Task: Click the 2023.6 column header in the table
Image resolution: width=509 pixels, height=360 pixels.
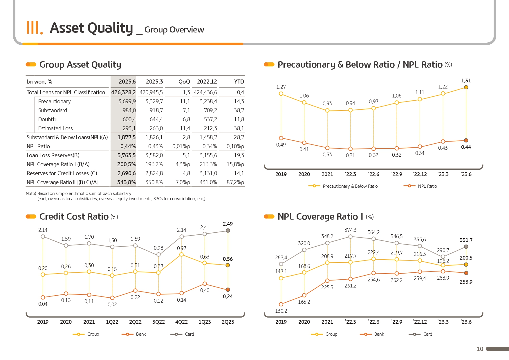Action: pyautogui.click(x=127, y=82)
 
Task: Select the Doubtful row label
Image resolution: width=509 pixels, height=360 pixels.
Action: pyautogui.click(x=48, y=119)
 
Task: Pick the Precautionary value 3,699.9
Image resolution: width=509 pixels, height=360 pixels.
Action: pyautogui.click(x=127, y=101)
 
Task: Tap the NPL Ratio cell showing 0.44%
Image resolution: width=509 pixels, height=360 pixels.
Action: pyautogui.click(x=128, y=146)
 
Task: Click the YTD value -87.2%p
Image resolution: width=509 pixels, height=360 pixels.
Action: pyautogui.click(x=234, y=182)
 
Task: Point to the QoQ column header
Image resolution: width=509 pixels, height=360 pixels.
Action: pyautogui.click(x=184, y=82)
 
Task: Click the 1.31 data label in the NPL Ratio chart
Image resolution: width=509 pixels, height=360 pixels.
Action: pyautogui.click(x=466, y=81)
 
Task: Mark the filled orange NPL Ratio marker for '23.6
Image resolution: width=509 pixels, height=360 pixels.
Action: pyautogui.click(x=466, y=140)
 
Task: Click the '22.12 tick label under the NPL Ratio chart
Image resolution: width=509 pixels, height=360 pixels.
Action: pyautogui.click(x=420, y=174)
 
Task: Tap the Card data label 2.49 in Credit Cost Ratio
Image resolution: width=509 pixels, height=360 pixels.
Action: pyautogui.click(x=228, y=224)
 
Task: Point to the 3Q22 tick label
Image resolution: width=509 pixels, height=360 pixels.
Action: pyautogui.click(x=158, y=322)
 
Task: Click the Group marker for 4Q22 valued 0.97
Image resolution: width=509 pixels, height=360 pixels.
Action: pyautogui.click(x=181, y=254)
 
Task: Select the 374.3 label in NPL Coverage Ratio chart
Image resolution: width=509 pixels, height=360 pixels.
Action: pyautogui.click(x=350, y=230)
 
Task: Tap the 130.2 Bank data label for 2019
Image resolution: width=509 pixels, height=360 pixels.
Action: pyautogui.click(x=281, y=311)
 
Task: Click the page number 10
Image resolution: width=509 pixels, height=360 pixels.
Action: pyautogui.click(x=480, y=349)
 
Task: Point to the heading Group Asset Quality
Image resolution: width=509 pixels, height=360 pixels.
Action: pyautogui.click(x=80, y=65)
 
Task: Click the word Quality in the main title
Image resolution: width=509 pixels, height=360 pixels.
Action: pyautogui.click(x=110, y=28)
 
